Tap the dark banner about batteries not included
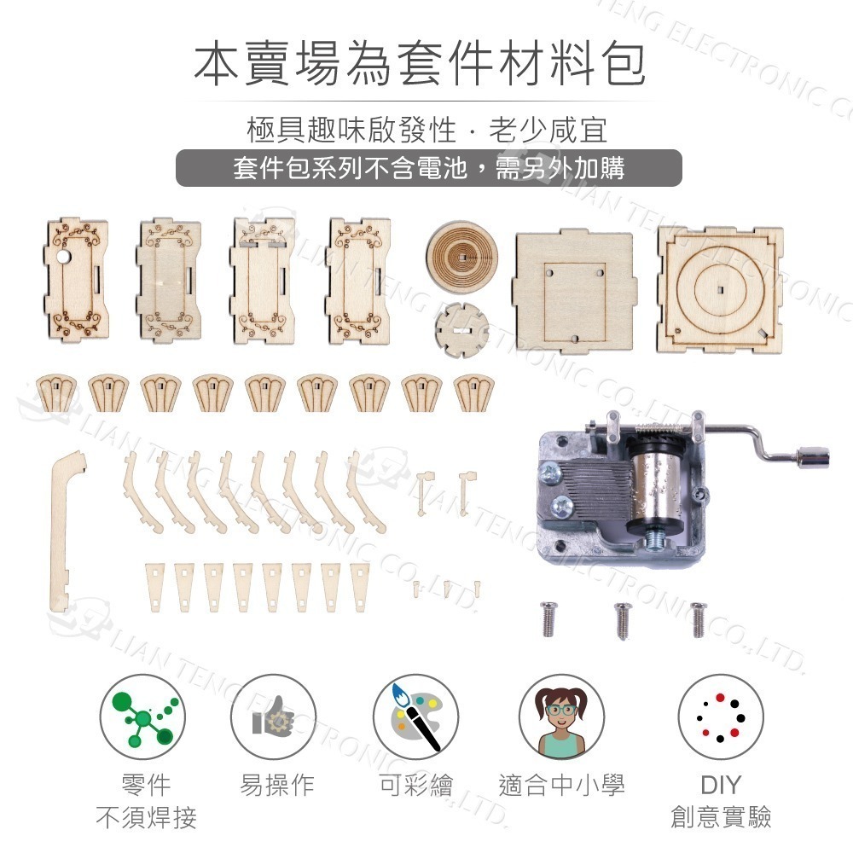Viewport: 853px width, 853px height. click(x=428, y=168)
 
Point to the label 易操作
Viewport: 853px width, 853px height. click(x=277, y=785)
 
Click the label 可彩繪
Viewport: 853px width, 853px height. click(x=415, y=785)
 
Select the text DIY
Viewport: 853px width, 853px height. click(x=721, y=785)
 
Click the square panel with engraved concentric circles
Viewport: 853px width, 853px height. click(x=720, y=289)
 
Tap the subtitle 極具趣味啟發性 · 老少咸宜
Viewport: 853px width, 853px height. click(x=426, y=131)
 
